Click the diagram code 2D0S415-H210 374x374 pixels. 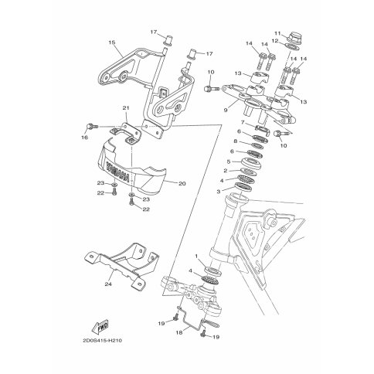103,341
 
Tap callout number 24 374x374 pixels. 108,285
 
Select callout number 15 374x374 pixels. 112,42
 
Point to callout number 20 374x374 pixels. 182,184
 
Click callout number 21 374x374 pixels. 126,107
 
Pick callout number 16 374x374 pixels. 84,138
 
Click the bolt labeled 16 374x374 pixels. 91,127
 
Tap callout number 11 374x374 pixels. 277,33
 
